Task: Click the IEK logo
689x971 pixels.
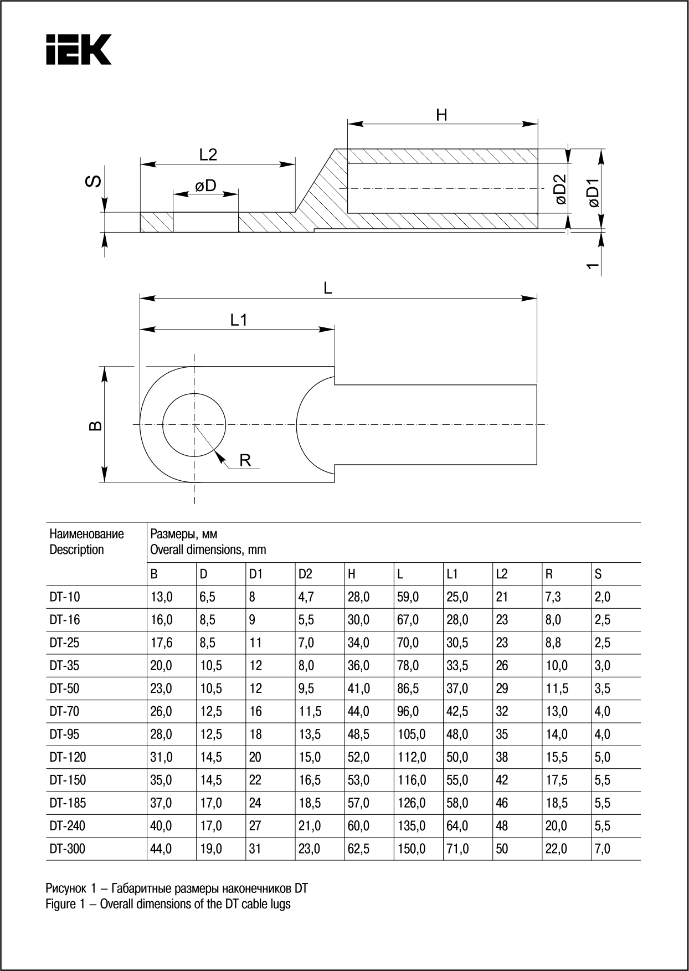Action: click(79, 50)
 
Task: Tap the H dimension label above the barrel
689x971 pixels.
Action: click(441, 115)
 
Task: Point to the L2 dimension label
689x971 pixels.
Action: click(208, 155)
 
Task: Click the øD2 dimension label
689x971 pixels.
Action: click(561, 190)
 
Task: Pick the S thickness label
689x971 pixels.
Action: click(95, 181)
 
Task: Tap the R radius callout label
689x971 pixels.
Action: click(245, 460)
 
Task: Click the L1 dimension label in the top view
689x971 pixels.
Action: click(239, 320)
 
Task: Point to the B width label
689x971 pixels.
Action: click(96, 425)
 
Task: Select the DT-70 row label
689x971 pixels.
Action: click(64, 711)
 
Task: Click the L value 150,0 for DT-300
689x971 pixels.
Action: click(411, 849)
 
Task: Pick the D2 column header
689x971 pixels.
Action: click(305, 574)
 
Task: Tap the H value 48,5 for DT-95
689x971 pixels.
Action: click(358, 734)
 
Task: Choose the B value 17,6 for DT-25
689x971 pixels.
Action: click(161, 643)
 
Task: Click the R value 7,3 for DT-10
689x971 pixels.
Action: click(553, 597)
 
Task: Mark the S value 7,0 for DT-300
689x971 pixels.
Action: click(603, 849)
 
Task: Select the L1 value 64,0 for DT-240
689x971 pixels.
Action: click(457, 826)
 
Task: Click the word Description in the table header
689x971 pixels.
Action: click(76, 549)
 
